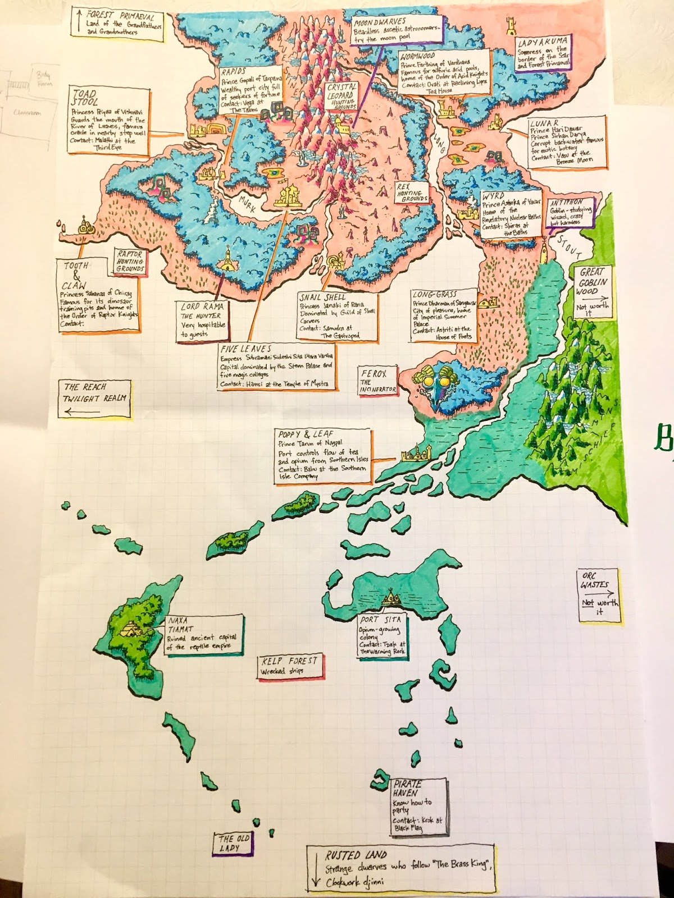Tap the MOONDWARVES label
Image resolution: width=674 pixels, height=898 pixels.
click(379, 22)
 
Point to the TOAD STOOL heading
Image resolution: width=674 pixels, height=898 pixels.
click(84, 98)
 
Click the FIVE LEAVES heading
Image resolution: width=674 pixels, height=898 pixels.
click(247, 349)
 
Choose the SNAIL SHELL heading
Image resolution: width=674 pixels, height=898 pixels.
click(322, 297)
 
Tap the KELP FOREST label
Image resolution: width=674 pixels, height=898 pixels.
click(289, 661)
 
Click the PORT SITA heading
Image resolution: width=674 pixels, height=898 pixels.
click(380, 620)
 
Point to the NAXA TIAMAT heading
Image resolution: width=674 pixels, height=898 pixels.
click(181, 626)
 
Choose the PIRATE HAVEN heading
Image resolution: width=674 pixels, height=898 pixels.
click(407, 788)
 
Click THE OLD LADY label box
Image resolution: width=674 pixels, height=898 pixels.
click(234, 843)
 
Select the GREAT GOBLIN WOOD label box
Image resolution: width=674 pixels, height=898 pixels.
click(591, 292)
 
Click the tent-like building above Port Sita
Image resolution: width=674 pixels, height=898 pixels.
click(390, 599)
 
